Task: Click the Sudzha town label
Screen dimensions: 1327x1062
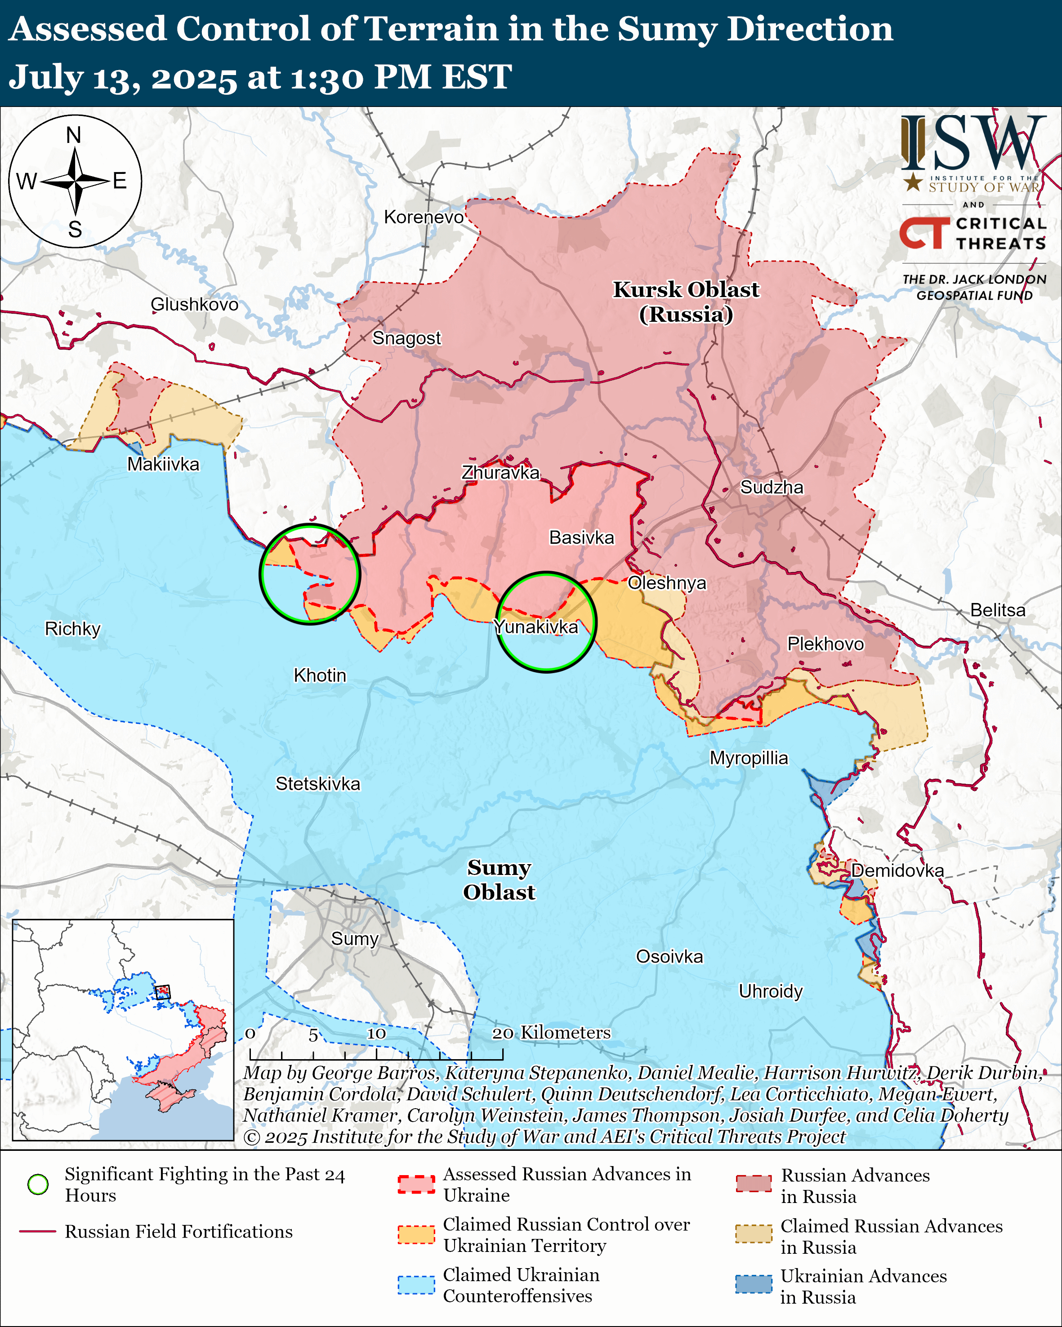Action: click(x=772, y=488)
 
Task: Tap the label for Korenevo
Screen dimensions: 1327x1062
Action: click(x=424, y=217)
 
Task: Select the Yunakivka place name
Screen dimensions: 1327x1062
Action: click(x=536, y=627)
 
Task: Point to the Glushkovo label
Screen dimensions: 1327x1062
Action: click(x=195, y=304)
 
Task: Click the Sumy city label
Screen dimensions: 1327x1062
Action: click(x=355, y=939)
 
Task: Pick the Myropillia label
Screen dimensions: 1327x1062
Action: click(x=749, y=758)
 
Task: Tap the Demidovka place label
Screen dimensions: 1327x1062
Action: click(x=897, y=870)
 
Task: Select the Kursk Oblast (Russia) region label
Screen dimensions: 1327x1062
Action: click(x=686, y=302)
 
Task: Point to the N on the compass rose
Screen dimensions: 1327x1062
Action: click(x=74, y=135)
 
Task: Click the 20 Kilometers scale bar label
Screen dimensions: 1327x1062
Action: click(x=552, y=1032)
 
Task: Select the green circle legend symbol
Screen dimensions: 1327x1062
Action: click(x=38, y=1184)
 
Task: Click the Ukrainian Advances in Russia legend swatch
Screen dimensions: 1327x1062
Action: click(x=753, y=1284)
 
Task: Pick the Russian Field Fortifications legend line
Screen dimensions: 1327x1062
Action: click(x=38, y=1232)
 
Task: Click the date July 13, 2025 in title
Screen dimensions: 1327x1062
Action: click(x=123, y=78)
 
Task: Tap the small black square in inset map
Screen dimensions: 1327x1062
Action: click(x=162, y=992)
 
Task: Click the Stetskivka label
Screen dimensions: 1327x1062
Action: click(x=318, y=784)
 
